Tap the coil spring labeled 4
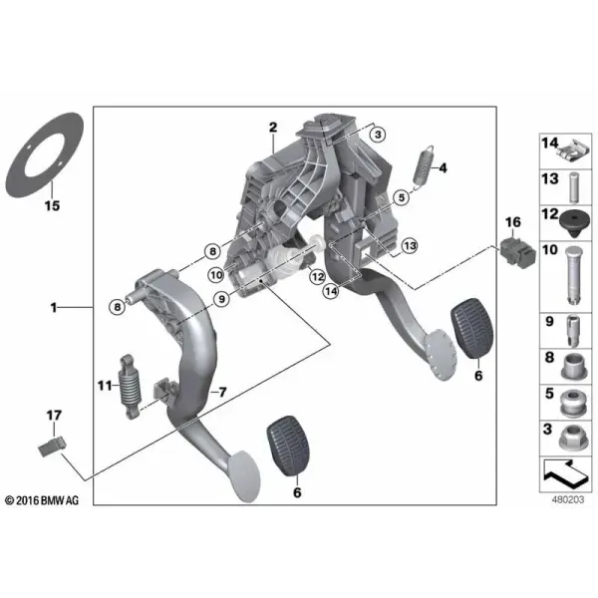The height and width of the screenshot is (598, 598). (424, 165)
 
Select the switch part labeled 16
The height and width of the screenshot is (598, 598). (517, 252)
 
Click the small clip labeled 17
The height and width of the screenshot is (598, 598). (53, 447)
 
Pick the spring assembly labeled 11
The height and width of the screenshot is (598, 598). (130, 387)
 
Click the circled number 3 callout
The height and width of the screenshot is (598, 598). (378, 135)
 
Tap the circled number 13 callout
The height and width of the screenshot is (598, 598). (410, 245)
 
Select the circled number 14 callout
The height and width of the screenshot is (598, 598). (331, 291)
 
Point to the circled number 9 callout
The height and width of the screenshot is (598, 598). (221, 299)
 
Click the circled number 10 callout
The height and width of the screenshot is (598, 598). (216, 275)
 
